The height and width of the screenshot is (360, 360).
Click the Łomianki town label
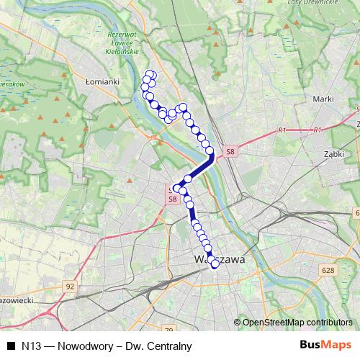click(x=102, y=81)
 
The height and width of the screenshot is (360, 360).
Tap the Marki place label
click(x=321, y=99)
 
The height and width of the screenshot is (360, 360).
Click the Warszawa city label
click(x=220, y=258)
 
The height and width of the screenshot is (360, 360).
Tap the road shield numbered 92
click(x=69, y=286)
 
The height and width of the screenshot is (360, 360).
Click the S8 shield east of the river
click(x=230, y=151)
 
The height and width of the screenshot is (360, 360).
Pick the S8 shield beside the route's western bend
click(x=172, y=199)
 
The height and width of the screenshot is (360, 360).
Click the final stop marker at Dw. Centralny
click(x=215, y=264)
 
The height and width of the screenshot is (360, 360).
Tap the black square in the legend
click(x=11, y=346)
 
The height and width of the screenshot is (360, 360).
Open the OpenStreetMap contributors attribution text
click(x=297, y=322)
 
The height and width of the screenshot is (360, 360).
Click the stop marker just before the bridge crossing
click(x=211, y=151)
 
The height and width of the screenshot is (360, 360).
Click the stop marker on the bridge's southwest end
click(x=188, y=179)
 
